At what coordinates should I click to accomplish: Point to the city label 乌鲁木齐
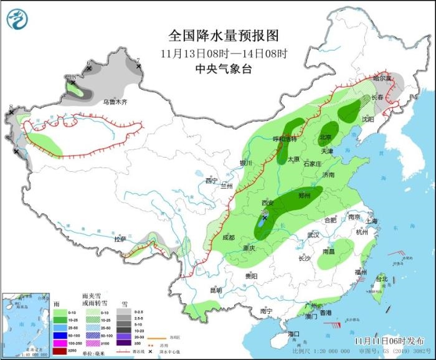click(115, 102)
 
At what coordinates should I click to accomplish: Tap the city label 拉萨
click(120, 239)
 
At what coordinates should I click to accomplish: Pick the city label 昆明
click(216, 290)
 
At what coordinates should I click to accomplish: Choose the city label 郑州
click(304, 195)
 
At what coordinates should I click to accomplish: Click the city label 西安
click(267, 203)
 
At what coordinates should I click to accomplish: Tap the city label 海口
click(293, 334)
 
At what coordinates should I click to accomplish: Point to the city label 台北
click(381, 278)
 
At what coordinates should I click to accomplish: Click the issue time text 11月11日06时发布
click(386, 341)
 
